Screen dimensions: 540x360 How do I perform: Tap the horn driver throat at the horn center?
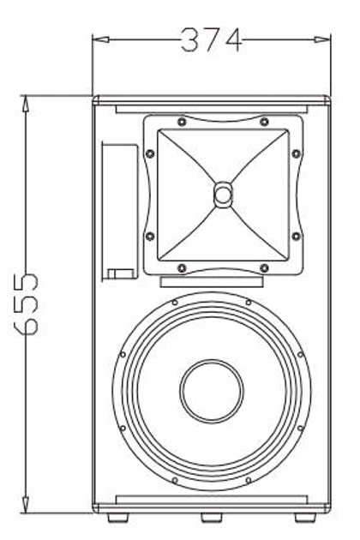click(x=223, y=194)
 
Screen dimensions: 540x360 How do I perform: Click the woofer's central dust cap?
click(x=211, y=391)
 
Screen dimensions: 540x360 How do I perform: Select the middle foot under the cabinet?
click(x=211, y=517)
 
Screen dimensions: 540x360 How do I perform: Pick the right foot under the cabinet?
click(x=304, y=517)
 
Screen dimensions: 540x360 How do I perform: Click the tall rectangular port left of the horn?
click(x=120, y=211)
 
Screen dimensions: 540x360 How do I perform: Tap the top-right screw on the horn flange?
click(x=264, y=123)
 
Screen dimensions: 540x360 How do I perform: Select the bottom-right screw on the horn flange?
click(x=264, y=267)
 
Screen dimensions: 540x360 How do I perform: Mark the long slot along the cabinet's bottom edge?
click(x=211, y=498)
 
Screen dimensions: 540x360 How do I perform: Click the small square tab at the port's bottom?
click(x=120, y=273)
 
